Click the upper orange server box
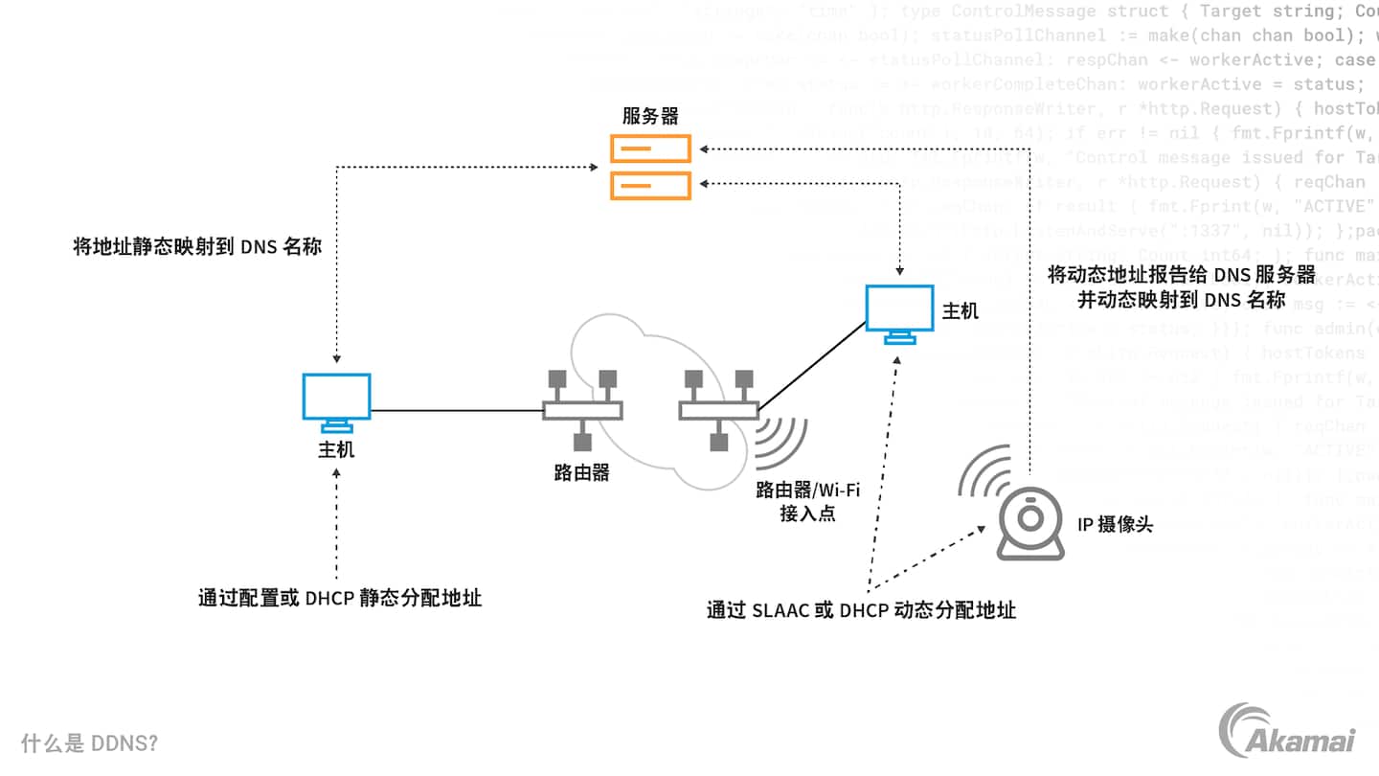point(651,148)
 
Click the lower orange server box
point(651,184)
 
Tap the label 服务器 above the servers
point(650,116)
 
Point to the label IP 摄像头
point(1115,524)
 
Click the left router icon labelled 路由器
point(582,409)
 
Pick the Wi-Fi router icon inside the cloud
point(718,409)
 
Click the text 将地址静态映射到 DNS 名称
point(197,246)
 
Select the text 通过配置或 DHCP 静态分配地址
point(339,599)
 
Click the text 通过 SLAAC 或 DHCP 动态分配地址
point(861,609)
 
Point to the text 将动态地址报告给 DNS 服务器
point(1182,275)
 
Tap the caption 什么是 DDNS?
point(89,743)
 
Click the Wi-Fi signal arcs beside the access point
point(781,437)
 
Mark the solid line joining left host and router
point(457,411)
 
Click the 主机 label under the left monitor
point(336,449)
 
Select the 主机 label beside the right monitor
point(961,311)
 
